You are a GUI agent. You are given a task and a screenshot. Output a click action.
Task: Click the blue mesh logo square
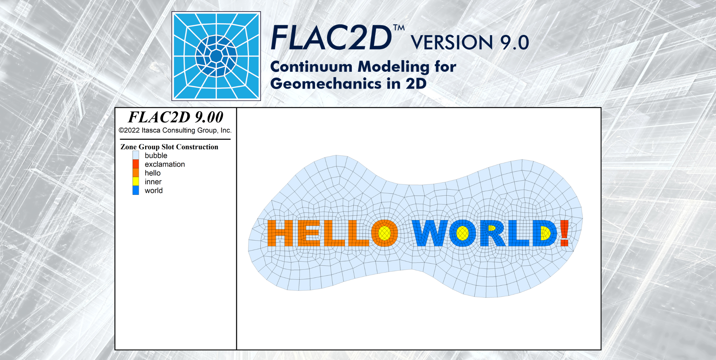click(216, 56)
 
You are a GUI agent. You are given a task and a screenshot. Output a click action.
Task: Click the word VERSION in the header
click(451, 42)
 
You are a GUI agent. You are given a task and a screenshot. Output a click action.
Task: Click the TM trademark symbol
click(399, 28)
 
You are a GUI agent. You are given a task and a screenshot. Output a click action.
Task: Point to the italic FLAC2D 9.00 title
click(176, 117)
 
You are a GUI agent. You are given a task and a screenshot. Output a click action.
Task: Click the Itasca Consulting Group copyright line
click(175, 130)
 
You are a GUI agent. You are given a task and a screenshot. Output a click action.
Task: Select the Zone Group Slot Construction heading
click(169, 147)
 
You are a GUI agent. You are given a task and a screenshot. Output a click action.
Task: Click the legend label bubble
click(156, 155)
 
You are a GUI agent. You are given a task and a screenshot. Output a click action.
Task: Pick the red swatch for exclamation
click(136, 164)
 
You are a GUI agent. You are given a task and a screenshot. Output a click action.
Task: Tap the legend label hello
click(153, 173)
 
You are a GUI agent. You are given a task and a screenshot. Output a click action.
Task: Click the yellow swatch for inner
click(136, 181)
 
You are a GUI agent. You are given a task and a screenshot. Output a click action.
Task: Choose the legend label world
click(154, 190)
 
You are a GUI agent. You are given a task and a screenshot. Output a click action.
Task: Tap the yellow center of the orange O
click(384, 233)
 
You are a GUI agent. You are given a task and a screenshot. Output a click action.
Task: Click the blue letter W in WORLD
click(430, 233)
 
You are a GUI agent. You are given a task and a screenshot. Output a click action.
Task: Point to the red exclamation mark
click(565, 233)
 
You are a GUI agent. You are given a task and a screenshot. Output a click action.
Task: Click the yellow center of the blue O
click(462, 233)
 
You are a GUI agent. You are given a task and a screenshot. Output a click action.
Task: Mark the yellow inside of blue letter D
click(545, 234)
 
